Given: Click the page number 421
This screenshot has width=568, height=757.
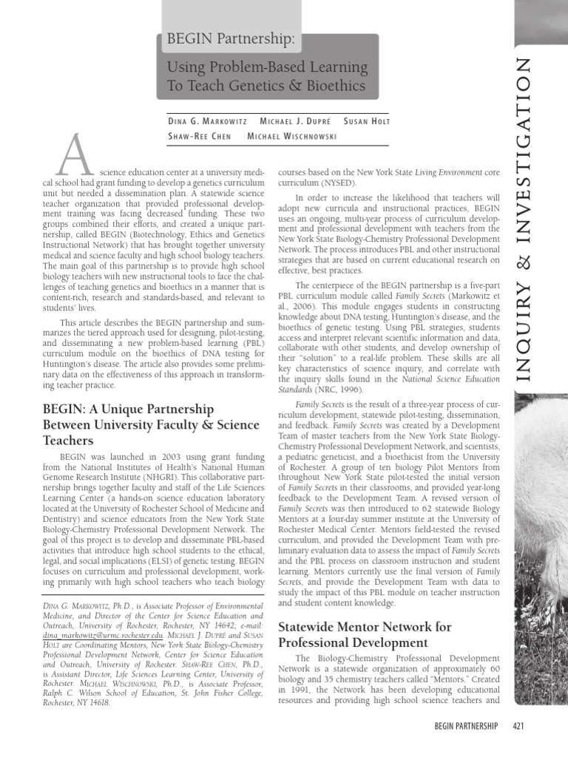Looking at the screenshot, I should (x=518, y=727).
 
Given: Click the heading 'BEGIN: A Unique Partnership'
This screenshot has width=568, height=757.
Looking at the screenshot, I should (x=128, y=409).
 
